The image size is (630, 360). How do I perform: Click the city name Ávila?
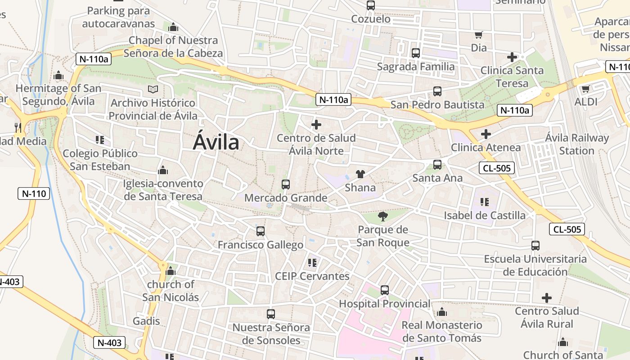click(x=216, y=142)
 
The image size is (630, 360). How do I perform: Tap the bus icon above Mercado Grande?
click(x=286, y=184)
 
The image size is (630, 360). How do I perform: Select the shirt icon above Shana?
click(x=360, y=174)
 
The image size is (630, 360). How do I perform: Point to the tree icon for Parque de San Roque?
click(x=383, y=217)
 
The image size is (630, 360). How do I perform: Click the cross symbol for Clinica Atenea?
click(x=486, y=134)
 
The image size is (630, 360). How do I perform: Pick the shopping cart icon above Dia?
click(x=479, y=35)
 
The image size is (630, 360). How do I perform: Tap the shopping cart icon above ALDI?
click(x=585, y=89)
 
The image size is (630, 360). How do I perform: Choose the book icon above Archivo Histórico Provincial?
click(x=153, y=90)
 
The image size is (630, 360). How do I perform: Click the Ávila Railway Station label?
click(x=577, y=144)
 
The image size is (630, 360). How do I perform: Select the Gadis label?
click(x=146, y=321)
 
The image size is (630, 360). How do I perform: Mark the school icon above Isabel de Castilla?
click(x=485, y=202)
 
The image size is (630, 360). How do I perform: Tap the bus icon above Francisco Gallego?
click(x=261, y=231)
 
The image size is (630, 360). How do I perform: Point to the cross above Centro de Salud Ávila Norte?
click(x=316, y=125)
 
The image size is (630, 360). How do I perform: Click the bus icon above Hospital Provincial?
click(x=385, y=290)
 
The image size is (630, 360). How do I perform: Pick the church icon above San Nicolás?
click(x=170, y=271)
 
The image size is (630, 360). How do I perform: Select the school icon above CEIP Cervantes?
click(x=312, y=262)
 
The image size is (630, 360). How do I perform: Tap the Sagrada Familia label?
click(x=416, y=67)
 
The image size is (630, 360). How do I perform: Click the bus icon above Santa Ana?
click(x=437, y=165)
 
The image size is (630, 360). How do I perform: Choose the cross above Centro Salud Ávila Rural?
click(x=547, y=297)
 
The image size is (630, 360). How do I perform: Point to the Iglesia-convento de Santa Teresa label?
click(x=163, y=190)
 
